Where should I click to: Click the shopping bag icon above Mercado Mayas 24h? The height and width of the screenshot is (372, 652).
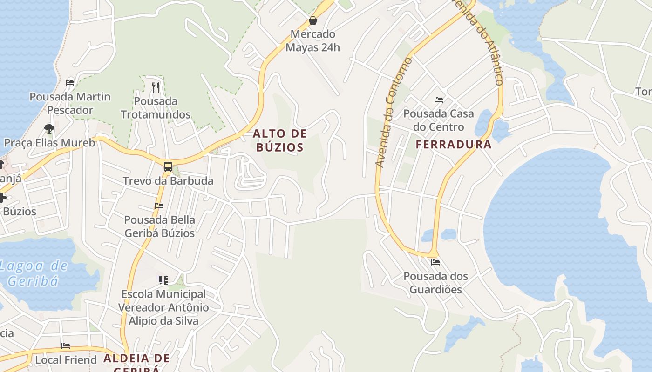click(x=313, y=20)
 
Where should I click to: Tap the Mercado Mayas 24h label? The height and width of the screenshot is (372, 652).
click(x=312, y=41)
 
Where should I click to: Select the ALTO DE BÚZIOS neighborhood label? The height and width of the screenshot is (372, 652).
click(x=280, y=140)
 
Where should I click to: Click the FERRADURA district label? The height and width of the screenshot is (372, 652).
click(x=454, y=145)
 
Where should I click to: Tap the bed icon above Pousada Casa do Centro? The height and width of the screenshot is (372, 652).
click(x=438, y=100)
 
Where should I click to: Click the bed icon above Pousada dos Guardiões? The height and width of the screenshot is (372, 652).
click(x=435, y=262)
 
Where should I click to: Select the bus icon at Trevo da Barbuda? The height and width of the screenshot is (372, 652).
click(x=168, y=166)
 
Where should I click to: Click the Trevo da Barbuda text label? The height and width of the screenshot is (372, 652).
click(x=168, y=181)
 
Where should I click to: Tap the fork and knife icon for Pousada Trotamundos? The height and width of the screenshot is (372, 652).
click(x=156, y=86)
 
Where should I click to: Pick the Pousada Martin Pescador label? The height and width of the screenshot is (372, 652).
click(x=70, y=103)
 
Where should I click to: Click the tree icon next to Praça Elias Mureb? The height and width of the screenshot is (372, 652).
click(x=49, y=128)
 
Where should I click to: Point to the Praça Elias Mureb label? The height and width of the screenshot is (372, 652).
click(x=49, y=143)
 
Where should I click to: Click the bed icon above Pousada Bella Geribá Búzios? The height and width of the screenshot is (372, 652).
click(x=159, y=206)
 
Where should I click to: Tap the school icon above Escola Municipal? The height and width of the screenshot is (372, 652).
click(x=163, y=280)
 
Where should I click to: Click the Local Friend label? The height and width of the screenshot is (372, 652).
click(x=66, y=360)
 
